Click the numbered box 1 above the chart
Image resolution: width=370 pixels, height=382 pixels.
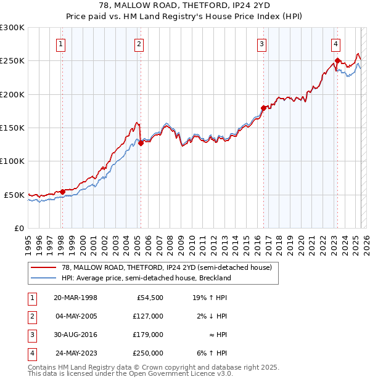61,44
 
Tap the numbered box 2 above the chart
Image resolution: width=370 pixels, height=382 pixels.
139,44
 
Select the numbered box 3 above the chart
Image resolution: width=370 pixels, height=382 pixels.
262,44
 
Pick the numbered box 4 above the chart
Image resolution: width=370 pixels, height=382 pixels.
336,44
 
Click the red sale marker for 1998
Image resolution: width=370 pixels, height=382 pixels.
62,192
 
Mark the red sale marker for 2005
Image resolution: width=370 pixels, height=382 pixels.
141,144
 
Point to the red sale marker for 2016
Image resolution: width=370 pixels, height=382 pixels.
263,108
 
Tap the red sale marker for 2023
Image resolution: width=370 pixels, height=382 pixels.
337,61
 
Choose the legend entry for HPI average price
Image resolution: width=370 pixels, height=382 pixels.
146,278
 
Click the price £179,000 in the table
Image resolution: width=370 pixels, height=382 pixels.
148,335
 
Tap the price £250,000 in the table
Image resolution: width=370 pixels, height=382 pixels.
148,353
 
